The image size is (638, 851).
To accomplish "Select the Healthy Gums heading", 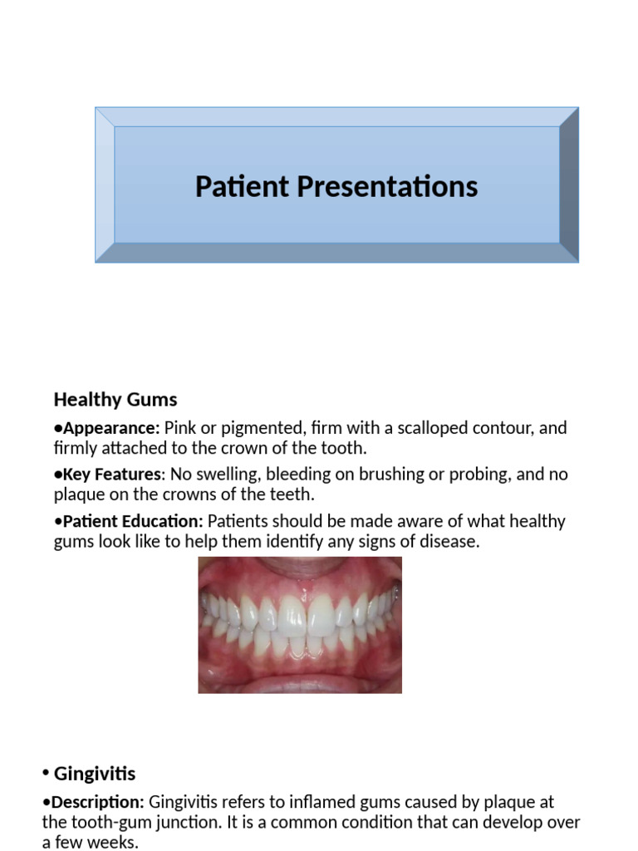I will click(115, 399).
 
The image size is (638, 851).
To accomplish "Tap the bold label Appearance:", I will click(111, 428).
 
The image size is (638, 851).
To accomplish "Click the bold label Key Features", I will click(111, 475).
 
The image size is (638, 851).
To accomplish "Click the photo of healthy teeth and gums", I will click(299, 624).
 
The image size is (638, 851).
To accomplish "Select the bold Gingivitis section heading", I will click(94, 774).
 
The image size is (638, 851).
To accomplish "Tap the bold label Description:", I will click(97, 802).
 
